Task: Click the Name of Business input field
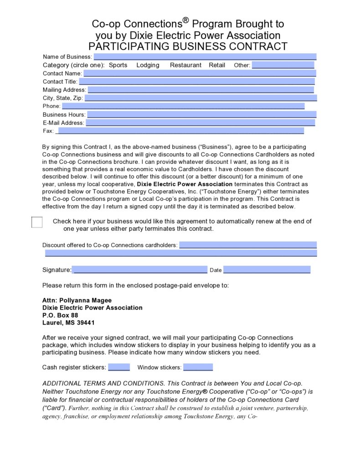205,57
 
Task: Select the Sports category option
118,65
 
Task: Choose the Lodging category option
148,65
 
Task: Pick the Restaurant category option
185,65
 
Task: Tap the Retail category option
217,65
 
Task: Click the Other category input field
283,65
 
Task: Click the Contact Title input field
197,82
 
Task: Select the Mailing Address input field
201,90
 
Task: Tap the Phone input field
183,106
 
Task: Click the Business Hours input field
201,114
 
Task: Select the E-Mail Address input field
201,123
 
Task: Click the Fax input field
180,131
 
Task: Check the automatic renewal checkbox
37,222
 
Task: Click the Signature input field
139,270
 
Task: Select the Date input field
267,270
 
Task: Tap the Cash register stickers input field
119,367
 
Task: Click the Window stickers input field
198,367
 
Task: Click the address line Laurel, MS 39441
68,322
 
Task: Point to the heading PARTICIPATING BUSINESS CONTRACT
188,46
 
